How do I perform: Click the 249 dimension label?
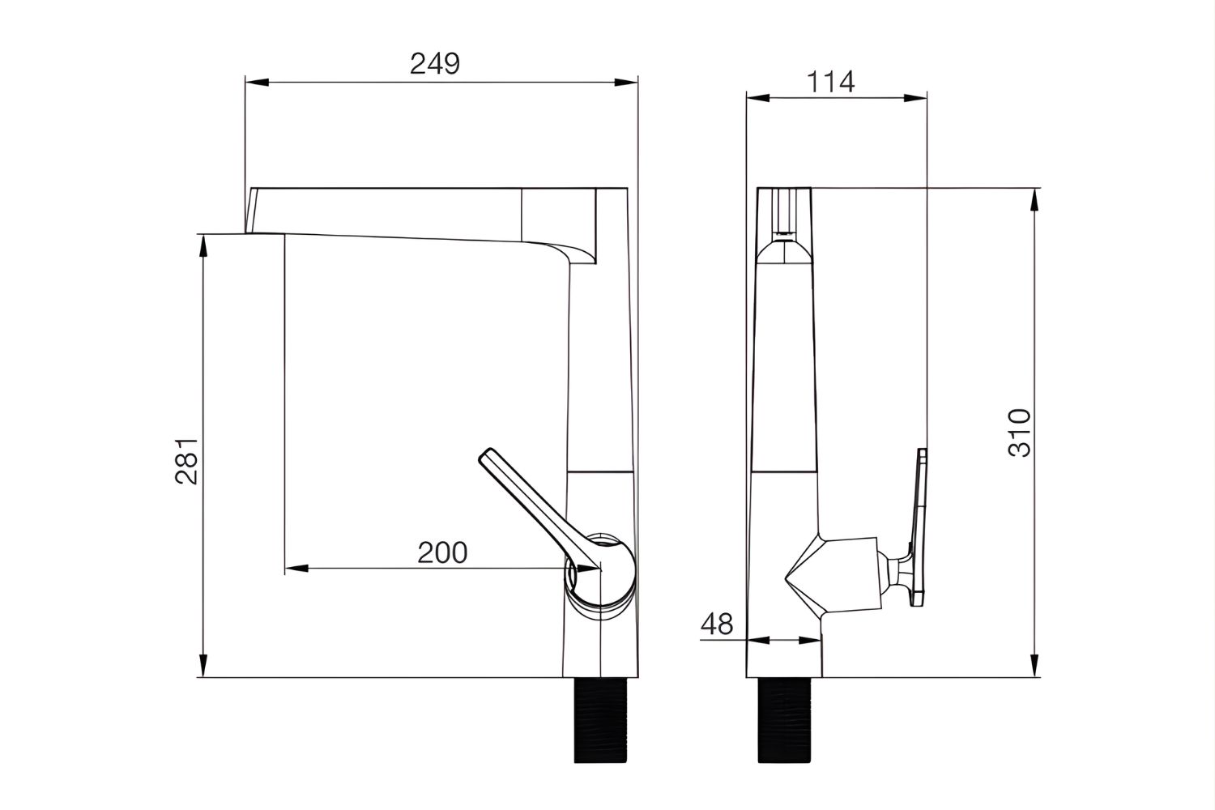(434, 63)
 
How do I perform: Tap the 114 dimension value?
(831, 82)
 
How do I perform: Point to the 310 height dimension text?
(1020, 433)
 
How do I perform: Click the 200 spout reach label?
(442, 552)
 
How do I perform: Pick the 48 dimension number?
(716, 625)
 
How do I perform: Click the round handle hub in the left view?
(601, 571)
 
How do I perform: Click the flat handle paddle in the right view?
(918, 526)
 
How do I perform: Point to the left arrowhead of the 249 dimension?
(253, 82)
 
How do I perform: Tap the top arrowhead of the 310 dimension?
(1034, 197)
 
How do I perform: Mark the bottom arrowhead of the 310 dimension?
(1034, 667)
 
